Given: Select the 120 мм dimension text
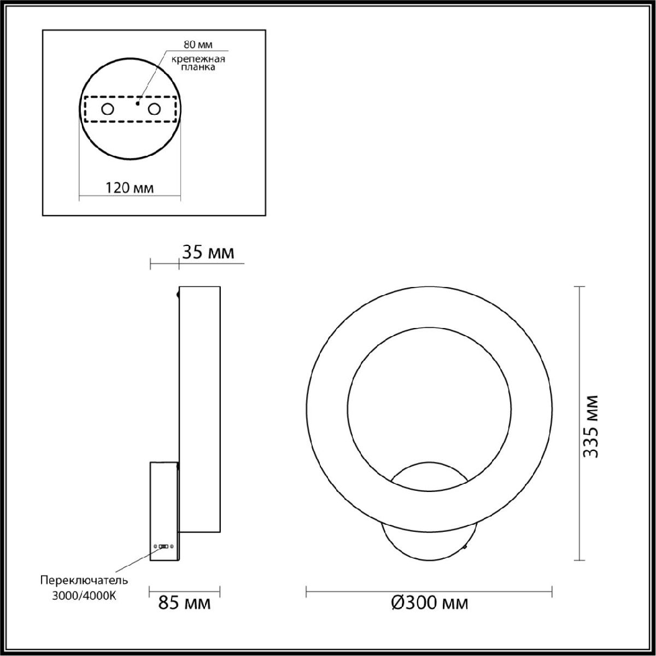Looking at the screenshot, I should pos(130,188).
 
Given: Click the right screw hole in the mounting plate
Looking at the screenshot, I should pos(155,109).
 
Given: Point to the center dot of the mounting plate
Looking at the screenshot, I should pos(138,102).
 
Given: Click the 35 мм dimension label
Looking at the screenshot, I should pos(207,253).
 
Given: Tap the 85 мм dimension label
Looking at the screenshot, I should pos(184,603).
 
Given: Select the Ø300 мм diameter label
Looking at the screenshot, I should pos(429,603).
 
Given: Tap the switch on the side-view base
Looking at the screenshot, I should pos(163,546).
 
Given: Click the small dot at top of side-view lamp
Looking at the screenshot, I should pos(178,295).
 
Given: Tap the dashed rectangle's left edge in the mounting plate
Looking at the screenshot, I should pos(85,109).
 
